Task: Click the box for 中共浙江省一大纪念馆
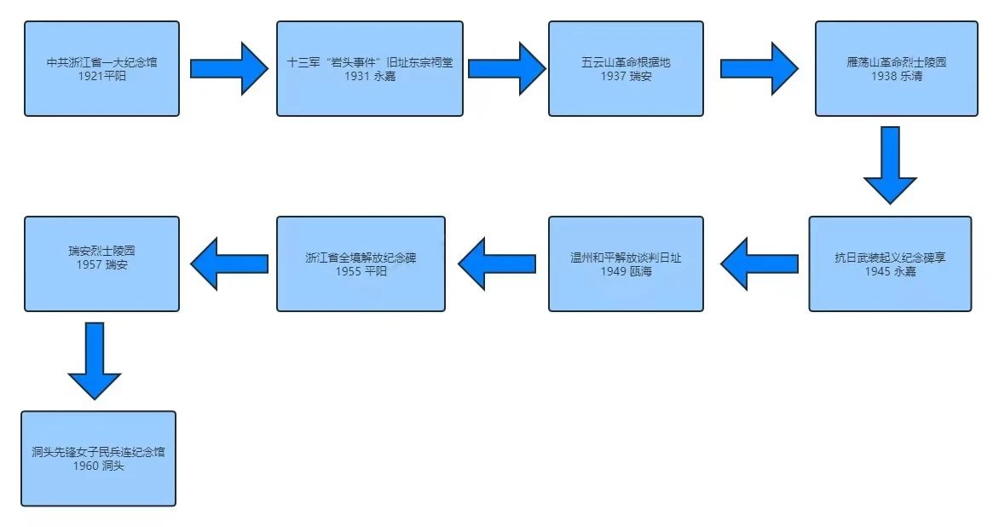point(101,68)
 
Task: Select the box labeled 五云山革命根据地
point(626,68)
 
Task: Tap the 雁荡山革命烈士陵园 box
point(896,68)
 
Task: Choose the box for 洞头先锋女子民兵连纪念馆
point(98,459)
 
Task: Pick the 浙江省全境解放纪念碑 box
point(361,263)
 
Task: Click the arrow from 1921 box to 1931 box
point(228,68)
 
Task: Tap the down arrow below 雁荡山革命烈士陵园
point(890,165)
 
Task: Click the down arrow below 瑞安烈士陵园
point(95,360)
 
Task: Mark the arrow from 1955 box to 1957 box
point(228,263)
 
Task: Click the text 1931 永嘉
point(370,77)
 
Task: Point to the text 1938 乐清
point(896,77)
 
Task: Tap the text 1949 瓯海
point(626,271)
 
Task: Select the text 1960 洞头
point(98,466)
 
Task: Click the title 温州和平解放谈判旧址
point(626,258)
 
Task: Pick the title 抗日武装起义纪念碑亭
point(890,258)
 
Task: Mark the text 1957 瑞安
point(101,265)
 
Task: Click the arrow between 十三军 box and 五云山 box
point(506,68)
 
